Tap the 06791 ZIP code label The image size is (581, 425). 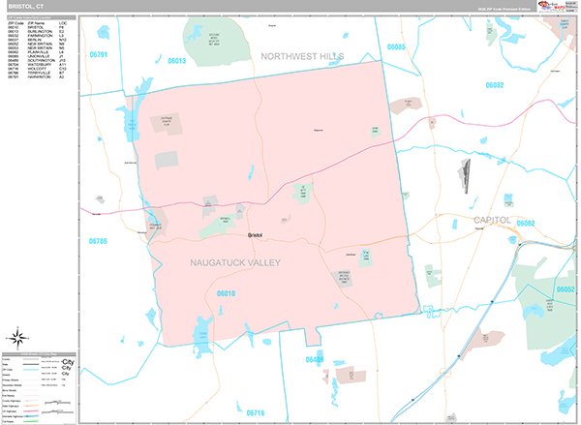97,55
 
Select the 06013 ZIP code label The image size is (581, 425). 176,60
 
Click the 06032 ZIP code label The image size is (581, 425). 495,85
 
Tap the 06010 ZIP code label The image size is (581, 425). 227,292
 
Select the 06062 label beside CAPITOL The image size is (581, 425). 526,223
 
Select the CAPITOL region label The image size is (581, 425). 492,221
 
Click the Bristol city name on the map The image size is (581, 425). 256,235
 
